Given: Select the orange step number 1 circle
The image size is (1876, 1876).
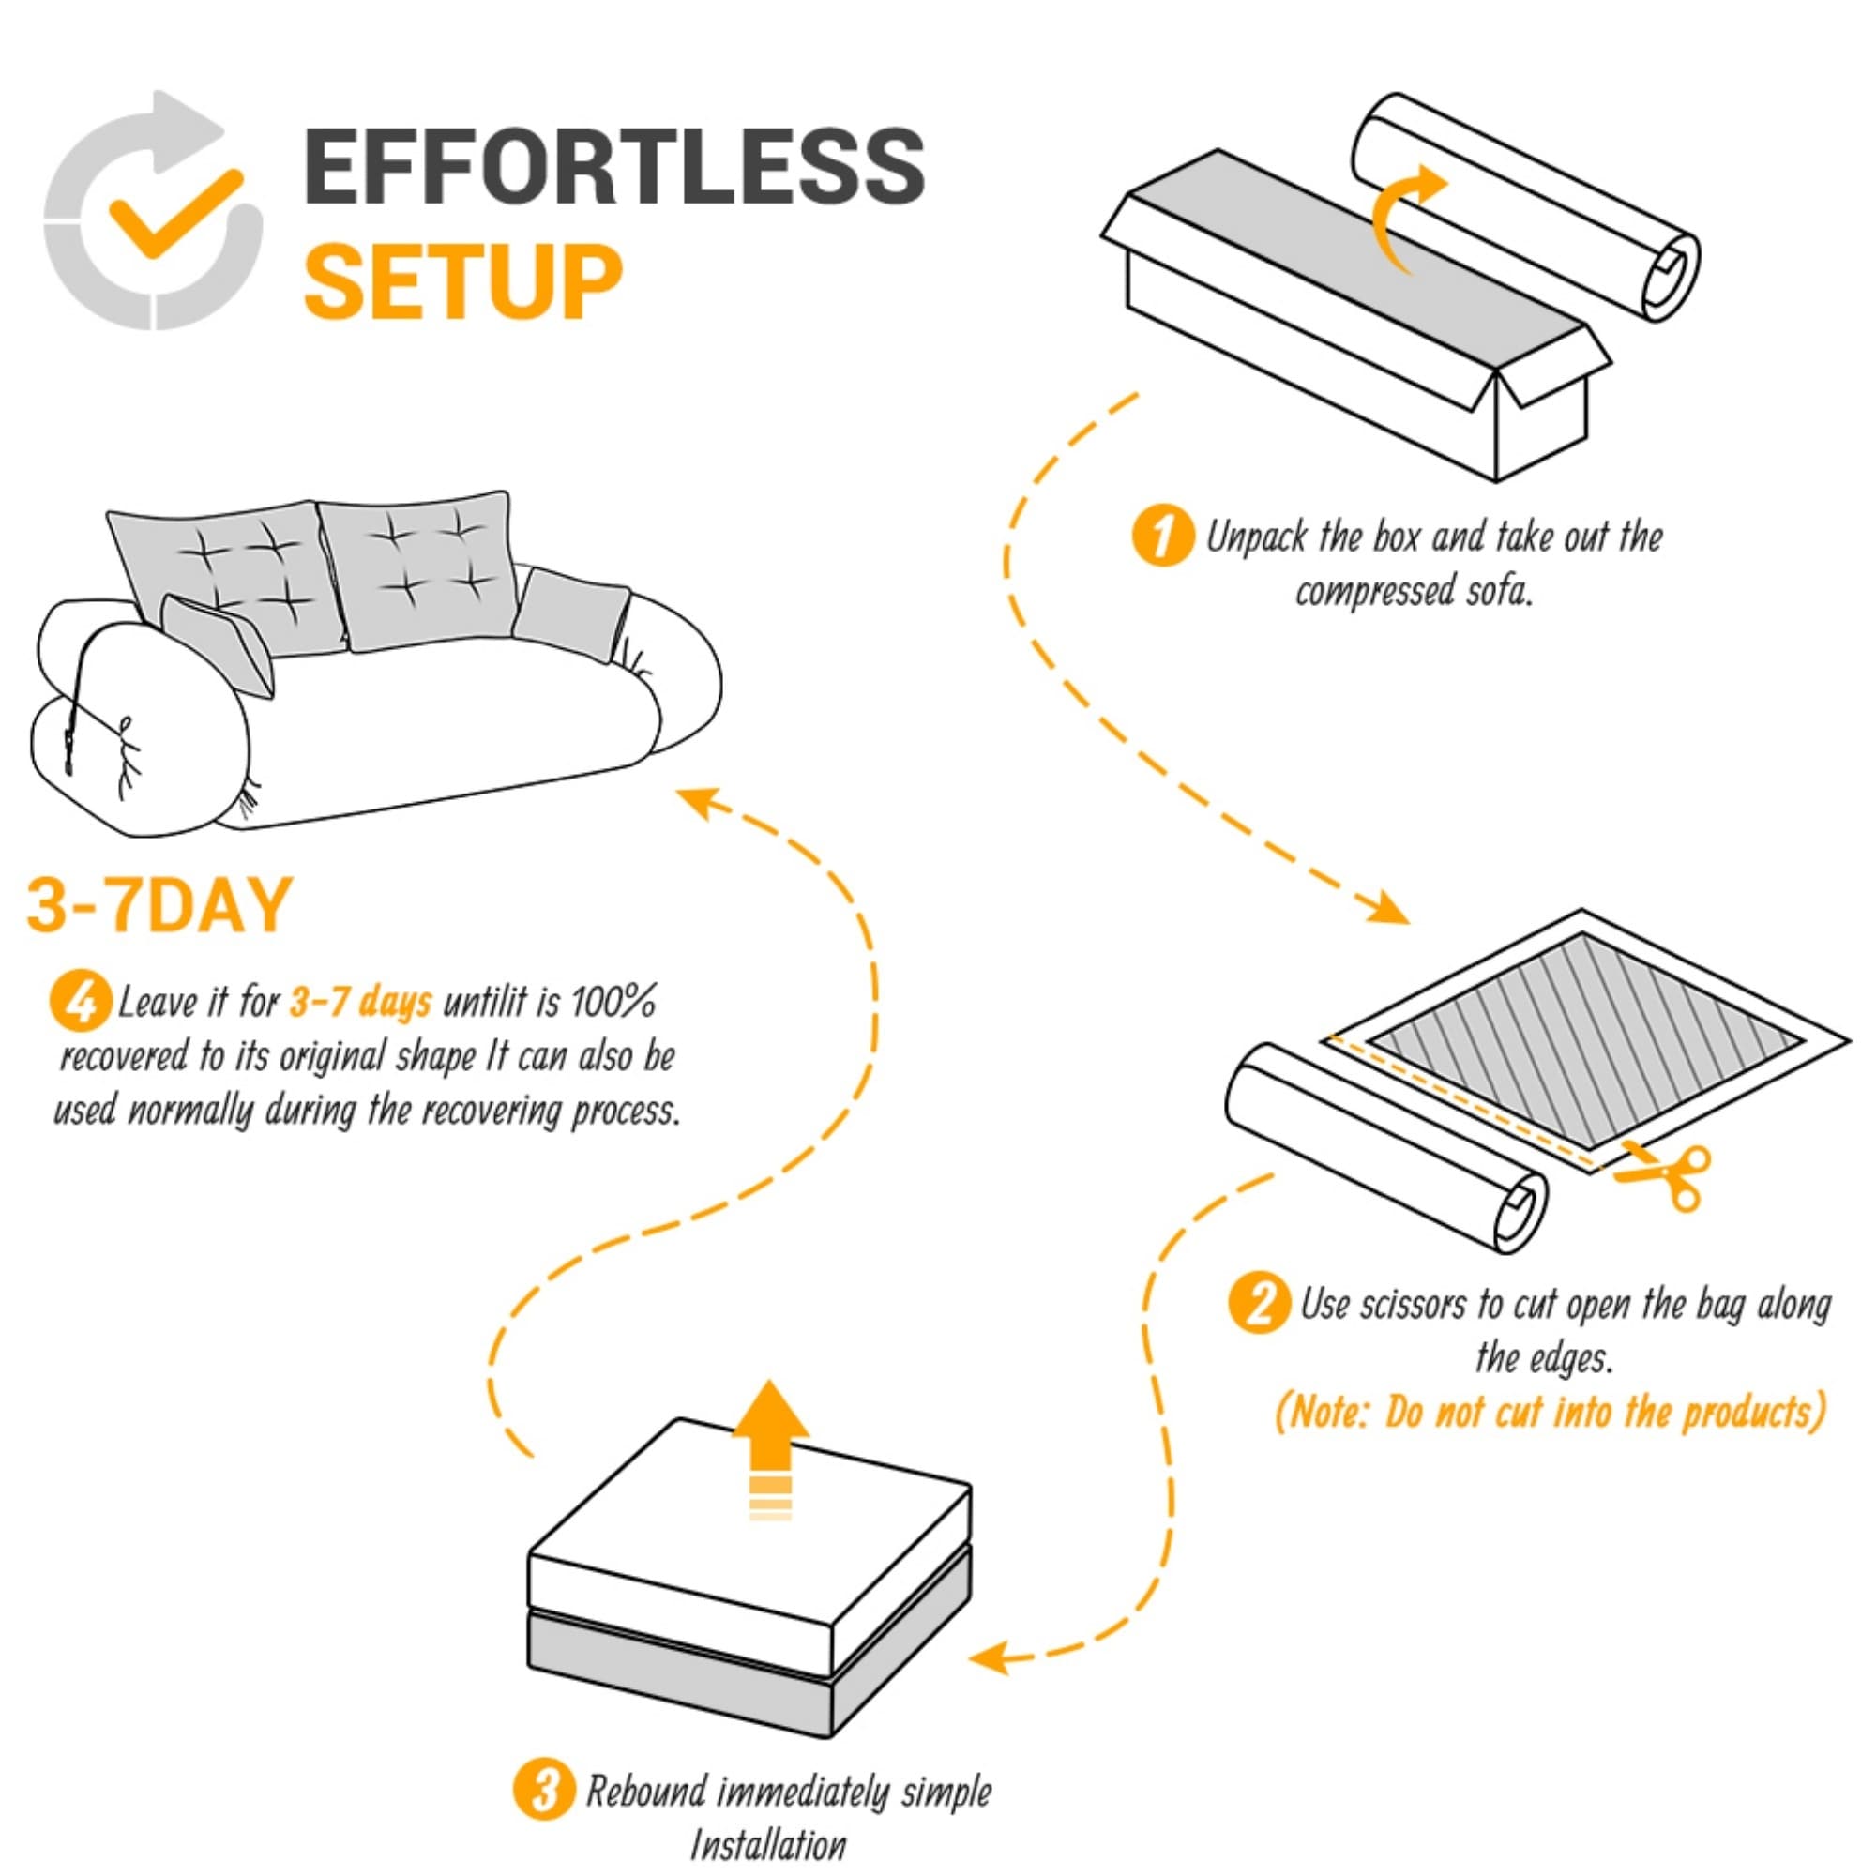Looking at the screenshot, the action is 1162,537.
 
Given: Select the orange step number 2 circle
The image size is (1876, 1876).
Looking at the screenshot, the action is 1260,1303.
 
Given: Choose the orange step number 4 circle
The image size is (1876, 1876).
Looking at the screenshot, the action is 80,1003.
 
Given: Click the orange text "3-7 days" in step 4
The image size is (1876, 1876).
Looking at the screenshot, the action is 360,1002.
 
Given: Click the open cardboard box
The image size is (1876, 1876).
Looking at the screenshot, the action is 1357,315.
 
